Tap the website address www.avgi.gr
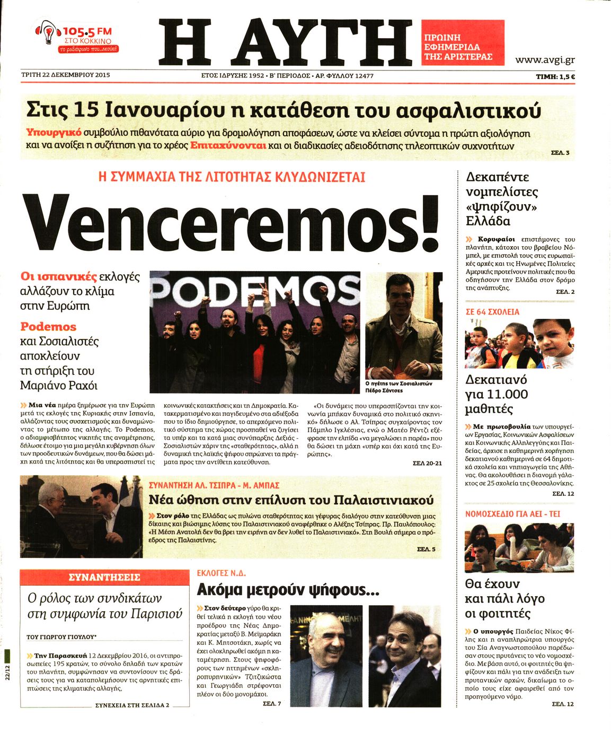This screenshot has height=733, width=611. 545,60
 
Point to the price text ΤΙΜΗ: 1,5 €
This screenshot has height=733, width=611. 555,76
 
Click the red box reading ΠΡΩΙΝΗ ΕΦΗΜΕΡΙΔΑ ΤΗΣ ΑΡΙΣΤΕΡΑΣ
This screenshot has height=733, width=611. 462,47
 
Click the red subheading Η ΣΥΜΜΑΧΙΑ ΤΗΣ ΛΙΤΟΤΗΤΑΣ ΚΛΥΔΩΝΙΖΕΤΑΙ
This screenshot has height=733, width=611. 232,177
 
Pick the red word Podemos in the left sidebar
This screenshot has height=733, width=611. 48,327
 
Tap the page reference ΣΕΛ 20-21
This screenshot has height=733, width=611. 427,463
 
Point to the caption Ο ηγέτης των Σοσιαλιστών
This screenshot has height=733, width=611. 399,383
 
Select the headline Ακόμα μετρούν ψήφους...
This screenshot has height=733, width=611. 288,589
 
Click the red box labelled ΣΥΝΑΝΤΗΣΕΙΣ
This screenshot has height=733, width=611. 104,577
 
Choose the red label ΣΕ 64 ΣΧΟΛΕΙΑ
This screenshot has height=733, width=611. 492,312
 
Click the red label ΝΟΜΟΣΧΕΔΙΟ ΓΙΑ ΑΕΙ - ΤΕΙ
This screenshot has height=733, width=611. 512,514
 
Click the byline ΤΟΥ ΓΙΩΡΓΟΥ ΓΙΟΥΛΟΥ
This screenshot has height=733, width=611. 61,636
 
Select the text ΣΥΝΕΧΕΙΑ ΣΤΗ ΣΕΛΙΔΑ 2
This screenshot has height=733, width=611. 132,705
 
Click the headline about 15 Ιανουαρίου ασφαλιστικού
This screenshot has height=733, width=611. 284,110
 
